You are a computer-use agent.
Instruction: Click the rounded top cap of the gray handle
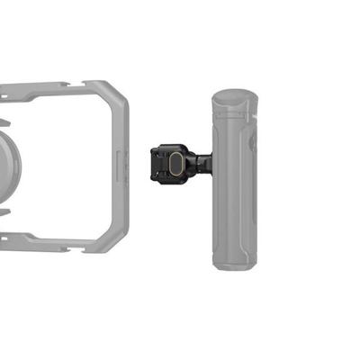(236, 96)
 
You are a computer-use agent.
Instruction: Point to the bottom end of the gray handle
(236, 262)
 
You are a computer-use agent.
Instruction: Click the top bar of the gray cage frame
(54, 88)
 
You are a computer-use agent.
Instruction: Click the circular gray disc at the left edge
(7, 162)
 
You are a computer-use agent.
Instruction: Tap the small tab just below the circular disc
(4, 211)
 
